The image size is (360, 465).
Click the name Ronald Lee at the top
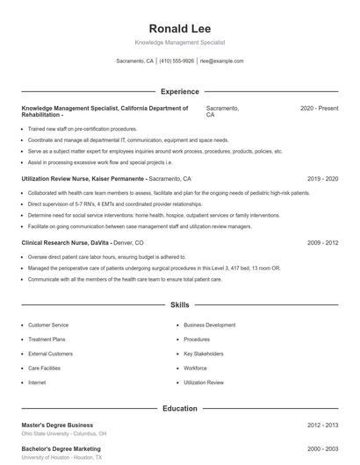179,28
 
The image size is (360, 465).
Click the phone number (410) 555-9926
176,61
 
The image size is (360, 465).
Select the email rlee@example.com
221,61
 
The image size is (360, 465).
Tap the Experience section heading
179,91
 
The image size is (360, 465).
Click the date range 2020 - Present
319,108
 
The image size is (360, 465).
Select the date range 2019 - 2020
322,178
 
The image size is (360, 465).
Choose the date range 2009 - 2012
322,242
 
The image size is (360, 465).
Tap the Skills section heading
179,305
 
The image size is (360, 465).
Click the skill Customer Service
47,325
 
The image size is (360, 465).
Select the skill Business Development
209,325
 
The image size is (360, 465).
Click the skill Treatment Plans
47,339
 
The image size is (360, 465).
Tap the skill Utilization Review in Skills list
204,383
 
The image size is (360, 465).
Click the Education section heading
179,408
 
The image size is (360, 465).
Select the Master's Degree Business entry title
57,425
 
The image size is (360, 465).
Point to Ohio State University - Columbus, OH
64,433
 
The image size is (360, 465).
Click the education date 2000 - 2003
322,448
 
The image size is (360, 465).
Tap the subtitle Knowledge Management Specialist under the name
179,42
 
